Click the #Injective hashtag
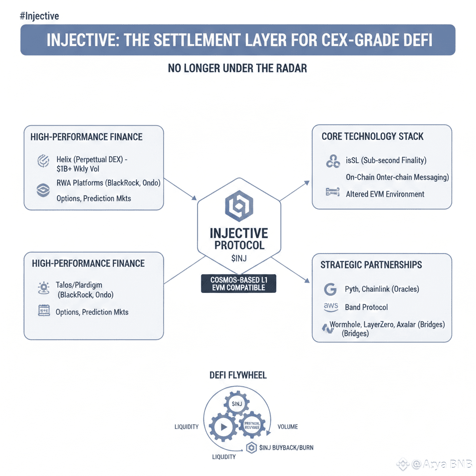[x=40, y=16]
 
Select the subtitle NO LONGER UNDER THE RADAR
[x=237, y=68]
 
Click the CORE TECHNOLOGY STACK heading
[x=372, y=137]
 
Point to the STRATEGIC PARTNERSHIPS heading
[x=371, y=265]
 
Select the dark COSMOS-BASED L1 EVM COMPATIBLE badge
[x=238, y=284]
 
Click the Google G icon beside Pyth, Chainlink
[x=330, y=289]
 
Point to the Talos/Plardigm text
[x=79, y=285]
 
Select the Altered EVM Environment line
[x=385, y=194]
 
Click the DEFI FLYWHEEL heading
[x=238, y=375]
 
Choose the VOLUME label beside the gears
[x=287, y=427]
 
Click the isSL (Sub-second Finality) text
[x=386, y=160]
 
